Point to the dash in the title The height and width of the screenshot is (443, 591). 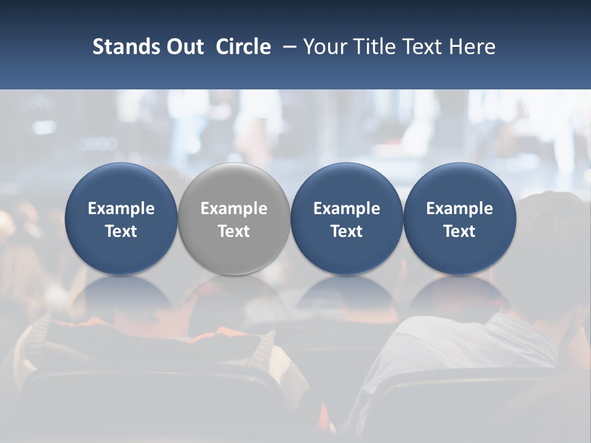pyautogui.click(x=287, y=47)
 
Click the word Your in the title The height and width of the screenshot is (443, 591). pyautogui.click(x=325, y=47)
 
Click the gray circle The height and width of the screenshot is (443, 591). pyautogui.click(x=234, y=218)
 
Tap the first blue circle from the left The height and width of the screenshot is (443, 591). pyautogui.click(x=121, y=218)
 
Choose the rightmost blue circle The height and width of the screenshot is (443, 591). pyautogui.click(x=460, y=218)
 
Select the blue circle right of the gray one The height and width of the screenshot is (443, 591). pyautogui.click(x=347, y=218)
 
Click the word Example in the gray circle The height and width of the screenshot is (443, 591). pyautogui.click(x=234, y=209)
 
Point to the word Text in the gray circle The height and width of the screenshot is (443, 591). pyautogui.click(x=234, y=231)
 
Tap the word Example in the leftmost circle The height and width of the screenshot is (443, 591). pyautogui.click(x=121, y=209)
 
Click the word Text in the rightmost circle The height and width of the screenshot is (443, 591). pyautogui.click(x=460, y=231)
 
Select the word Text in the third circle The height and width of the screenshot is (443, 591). pyautogui.click(x=347, y=231)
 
